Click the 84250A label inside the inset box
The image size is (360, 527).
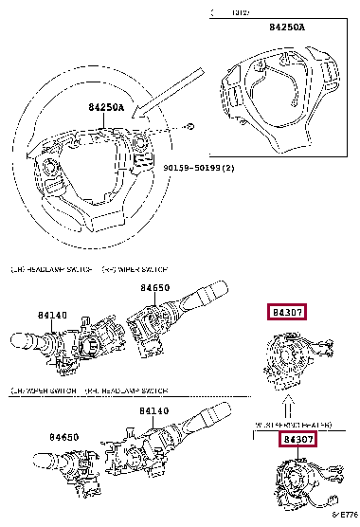(288, 27)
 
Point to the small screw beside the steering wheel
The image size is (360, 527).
(189, 126)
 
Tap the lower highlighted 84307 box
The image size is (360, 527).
(297, 440)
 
